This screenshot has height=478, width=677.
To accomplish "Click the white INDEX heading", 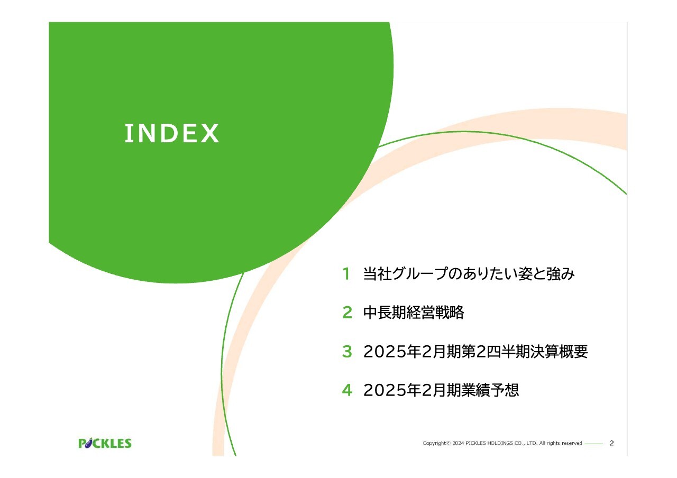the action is [172, 133].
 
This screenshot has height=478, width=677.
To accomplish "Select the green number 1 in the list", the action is [346, 274].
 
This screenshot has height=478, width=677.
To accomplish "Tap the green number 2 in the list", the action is [347, 312].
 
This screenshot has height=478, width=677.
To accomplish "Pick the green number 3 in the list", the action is [347, 352].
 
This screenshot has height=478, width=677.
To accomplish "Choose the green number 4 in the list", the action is [347, 390].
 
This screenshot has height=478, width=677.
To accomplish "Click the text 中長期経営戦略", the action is [414, 312].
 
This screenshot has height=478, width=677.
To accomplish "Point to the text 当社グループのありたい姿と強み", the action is [469, 274].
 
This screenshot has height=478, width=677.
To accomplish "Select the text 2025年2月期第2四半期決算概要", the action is [475, 352].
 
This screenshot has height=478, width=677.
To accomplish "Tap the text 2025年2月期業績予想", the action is [441, 390].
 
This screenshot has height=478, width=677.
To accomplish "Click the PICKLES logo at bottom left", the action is [105, 443].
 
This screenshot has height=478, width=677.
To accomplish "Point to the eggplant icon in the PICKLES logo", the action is [88, 443].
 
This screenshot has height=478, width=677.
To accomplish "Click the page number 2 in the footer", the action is [611, 443].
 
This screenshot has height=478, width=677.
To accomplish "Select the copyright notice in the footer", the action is [502, 443].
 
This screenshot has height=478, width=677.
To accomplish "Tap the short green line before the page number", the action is [594, 444].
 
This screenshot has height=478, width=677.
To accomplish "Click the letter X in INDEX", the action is [210, 133].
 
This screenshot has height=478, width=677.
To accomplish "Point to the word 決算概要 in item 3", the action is [559, 352].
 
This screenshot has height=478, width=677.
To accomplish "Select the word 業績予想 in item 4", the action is [490, 390].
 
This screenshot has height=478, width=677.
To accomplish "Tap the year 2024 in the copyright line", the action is [458, 443].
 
